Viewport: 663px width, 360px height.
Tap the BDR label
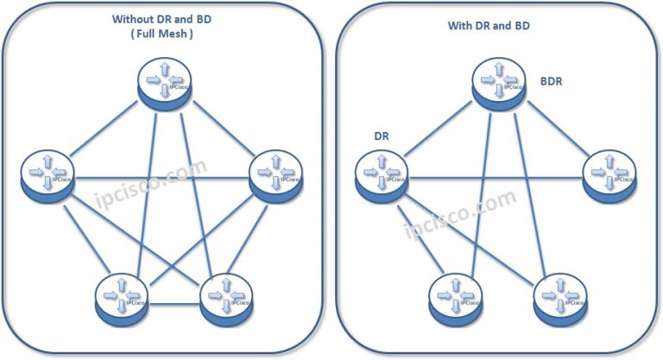[x=554, y=81]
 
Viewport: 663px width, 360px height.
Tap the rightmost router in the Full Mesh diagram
[x=275, y=175]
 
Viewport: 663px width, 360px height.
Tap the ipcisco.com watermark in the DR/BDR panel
[x=459, y=212]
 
